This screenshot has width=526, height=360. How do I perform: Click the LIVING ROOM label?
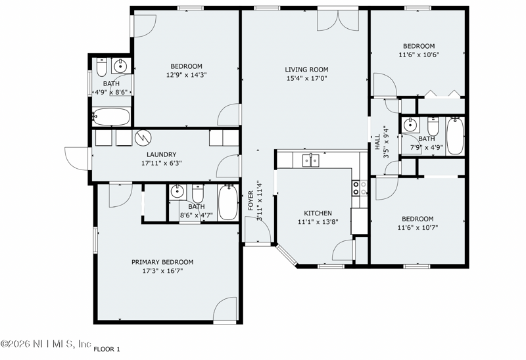pyautogui.click(x=306, y=70)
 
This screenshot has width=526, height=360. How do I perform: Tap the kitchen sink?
pyautogui.click(x=310, y=160)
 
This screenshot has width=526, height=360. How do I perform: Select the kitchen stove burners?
pyautogui.click(x=360, y=188)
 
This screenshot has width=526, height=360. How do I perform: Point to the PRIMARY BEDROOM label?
pyautogui.click(x=162, y=262)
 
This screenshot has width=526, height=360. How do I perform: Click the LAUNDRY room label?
pyautogui.click(x=161, y=154)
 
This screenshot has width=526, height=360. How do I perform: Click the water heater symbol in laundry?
pyautogui.click(x=143, y=138)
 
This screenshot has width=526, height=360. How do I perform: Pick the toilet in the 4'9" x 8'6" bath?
pyautogui.click(x=102, y=67)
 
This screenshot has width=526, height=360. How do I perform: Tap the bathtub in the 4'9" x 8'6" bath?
pyautogui.click(x=110, y=117)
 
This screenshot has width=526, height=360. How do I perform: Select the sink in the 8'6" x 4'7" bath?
pyautogui.click(x=177, y=192)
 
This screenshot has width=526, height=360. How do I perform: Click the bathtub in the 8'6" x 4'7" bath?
pyautogui.click(x=228, y=202)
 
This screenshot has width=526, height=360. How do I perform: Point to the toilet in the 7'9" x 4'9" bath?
pyautogui.click(x=433, y=125)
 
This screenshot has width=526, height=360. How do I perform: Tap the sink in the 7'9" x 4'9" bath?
pyautogui.click(x=410, y=125)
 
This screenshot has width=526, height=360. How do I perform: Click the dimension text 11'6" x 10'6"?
pyautogui.click(x=419, y=55)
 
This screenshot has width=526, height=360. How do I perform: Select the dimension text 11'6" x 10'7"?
pyautogui.click(x=418, y=228)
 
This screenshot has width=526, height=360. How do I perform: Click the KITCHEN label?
pyautogui.click(x=318, y=214)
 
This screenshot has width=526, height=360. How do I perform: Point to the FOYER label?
pyautogui.click(x=251, y=200)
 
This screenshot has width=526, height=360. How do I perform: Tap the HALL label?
pyautogui.click(x=377, y=142)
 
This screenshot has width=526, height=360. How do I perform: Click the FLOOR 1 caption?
pyautogui.click(x=107, y=349)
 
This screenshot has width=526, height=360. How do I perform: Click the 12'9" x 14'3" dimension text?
pyautogui.click(x=187, y=75)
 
